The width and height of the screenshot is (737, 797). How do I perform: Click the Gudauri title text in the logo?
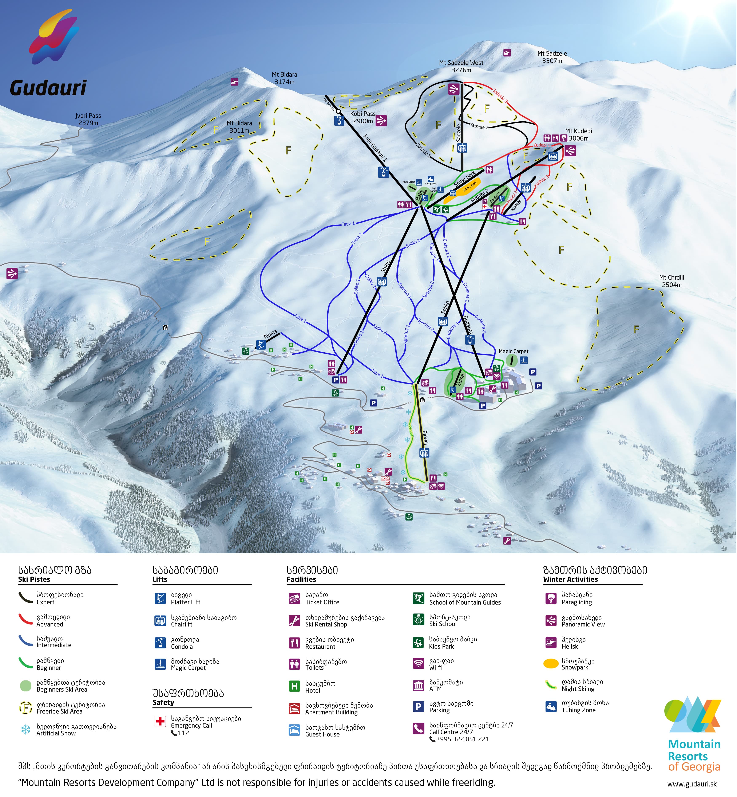click(48, 88)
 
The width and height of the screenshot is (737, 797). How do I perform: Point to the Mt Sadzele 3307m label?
click(552, 57)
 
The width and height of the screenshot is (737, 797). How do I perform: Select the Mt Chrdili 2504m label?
click(671, 281)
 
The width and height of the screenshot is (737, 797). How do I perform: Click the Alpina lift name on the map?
click(270, 335)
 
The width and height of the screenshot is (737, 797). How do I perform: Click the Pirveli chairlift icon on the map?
click(424, 453)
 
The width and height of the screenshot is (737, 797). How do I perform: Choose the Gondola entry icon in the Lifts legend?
click(160, 643)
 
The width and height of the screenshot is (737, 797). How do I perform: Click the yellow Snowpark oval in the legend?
click(551, 663)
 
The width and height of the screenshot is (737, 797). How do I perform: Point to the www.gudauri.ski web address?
click(693, 784)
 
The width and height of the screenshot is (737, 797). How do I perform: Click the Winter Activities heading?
click(570, 579)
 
